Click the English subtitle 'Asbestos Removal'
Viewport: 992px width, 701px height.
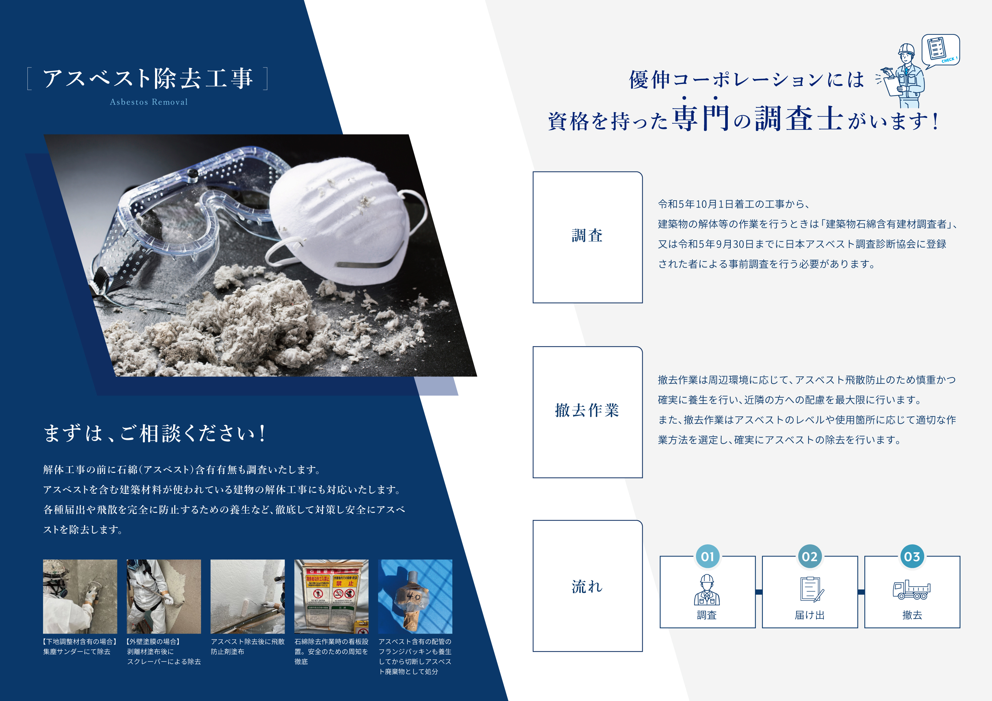(x=148, y=102)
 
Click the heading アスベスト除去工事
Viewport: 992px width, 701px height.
(x=148, y=78)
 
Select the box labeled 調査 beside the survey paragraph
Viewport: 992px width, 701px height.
(x=587, y=237)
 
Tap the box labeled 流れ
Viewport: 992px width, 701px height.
(x=587, y=586)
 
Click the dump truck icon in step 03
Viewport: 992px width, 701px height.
(x=912, y=590)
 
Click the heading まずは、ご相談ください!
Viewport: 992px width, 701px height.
(x=155, y=433)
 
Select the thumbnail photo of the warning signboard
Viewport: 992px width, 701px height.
(x=331, y=597)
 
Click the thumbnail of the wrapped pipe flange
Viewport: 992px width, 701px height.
(x=415, y=597)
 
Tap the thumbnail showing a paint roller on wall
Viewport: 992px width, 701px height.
(x=248, y=597)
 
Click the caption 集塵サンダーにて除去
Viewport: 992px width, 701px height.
(x=77, y=651)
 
